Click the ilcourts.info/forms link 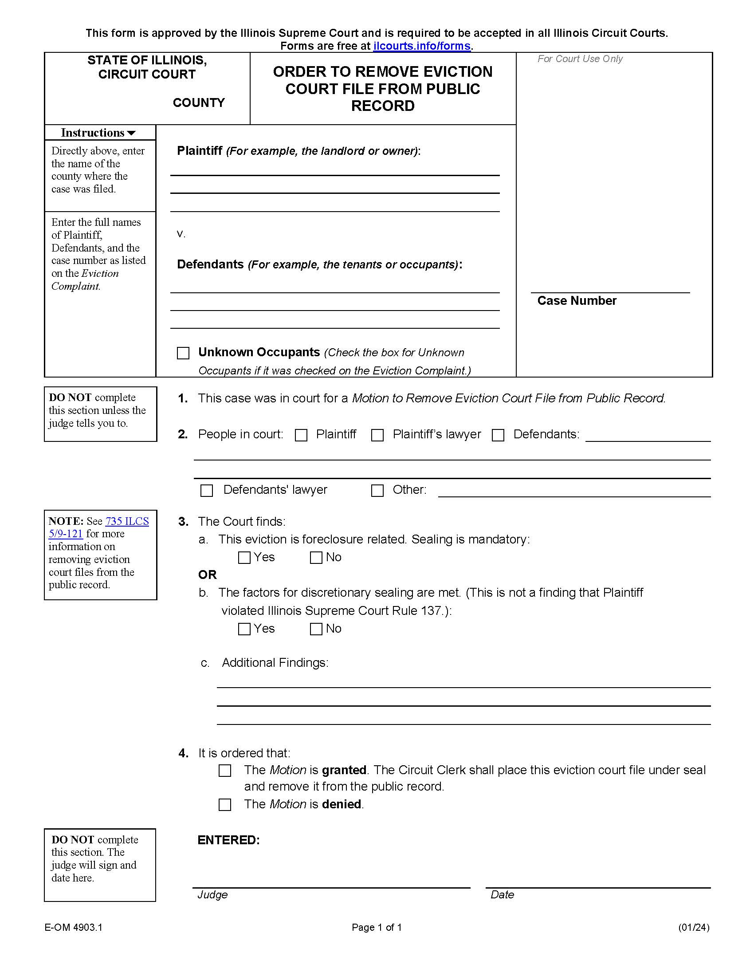(x=422, y=46)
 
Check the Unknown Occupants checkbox (x=183, y=353)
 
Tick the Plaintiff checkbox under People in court (x=302, y=435)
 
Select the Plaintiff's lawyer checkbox (x=377, y=435)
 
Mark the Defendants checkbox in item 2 (x=498, y=435)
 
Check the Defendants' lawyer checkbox (x=206, y=491)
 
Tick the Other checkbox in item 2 (x=377, y=491)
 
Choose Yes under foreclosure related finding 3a (x=244, y=558)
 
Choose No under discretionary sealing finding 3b (x=316, y=629)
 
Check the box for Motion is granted (x=225, y=771)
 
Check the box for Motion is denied (x=225, y=805)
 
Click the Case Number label (x=577, y=301)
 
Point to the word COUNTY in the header (x=199, y=103)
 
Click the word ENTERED (x=228, y=840)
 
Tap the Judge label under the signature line (x=212, y=895)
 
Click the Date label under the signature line (x=502, y=895)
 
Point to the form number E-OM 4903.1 (x=73, y=928)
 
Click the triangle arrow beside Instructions (x=131, y=133)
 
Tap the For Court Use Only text (x=580, y=59)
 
